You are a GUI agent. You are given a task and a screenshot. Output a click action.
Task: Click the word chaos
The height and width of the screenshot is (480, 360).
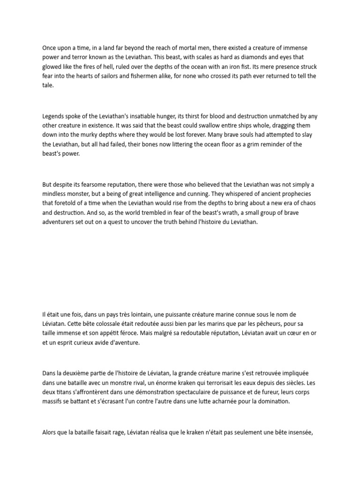(309, 203)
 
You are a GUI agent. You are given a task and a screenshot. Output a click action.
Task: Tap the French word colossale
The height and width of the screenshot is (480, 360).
(111, 323)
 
